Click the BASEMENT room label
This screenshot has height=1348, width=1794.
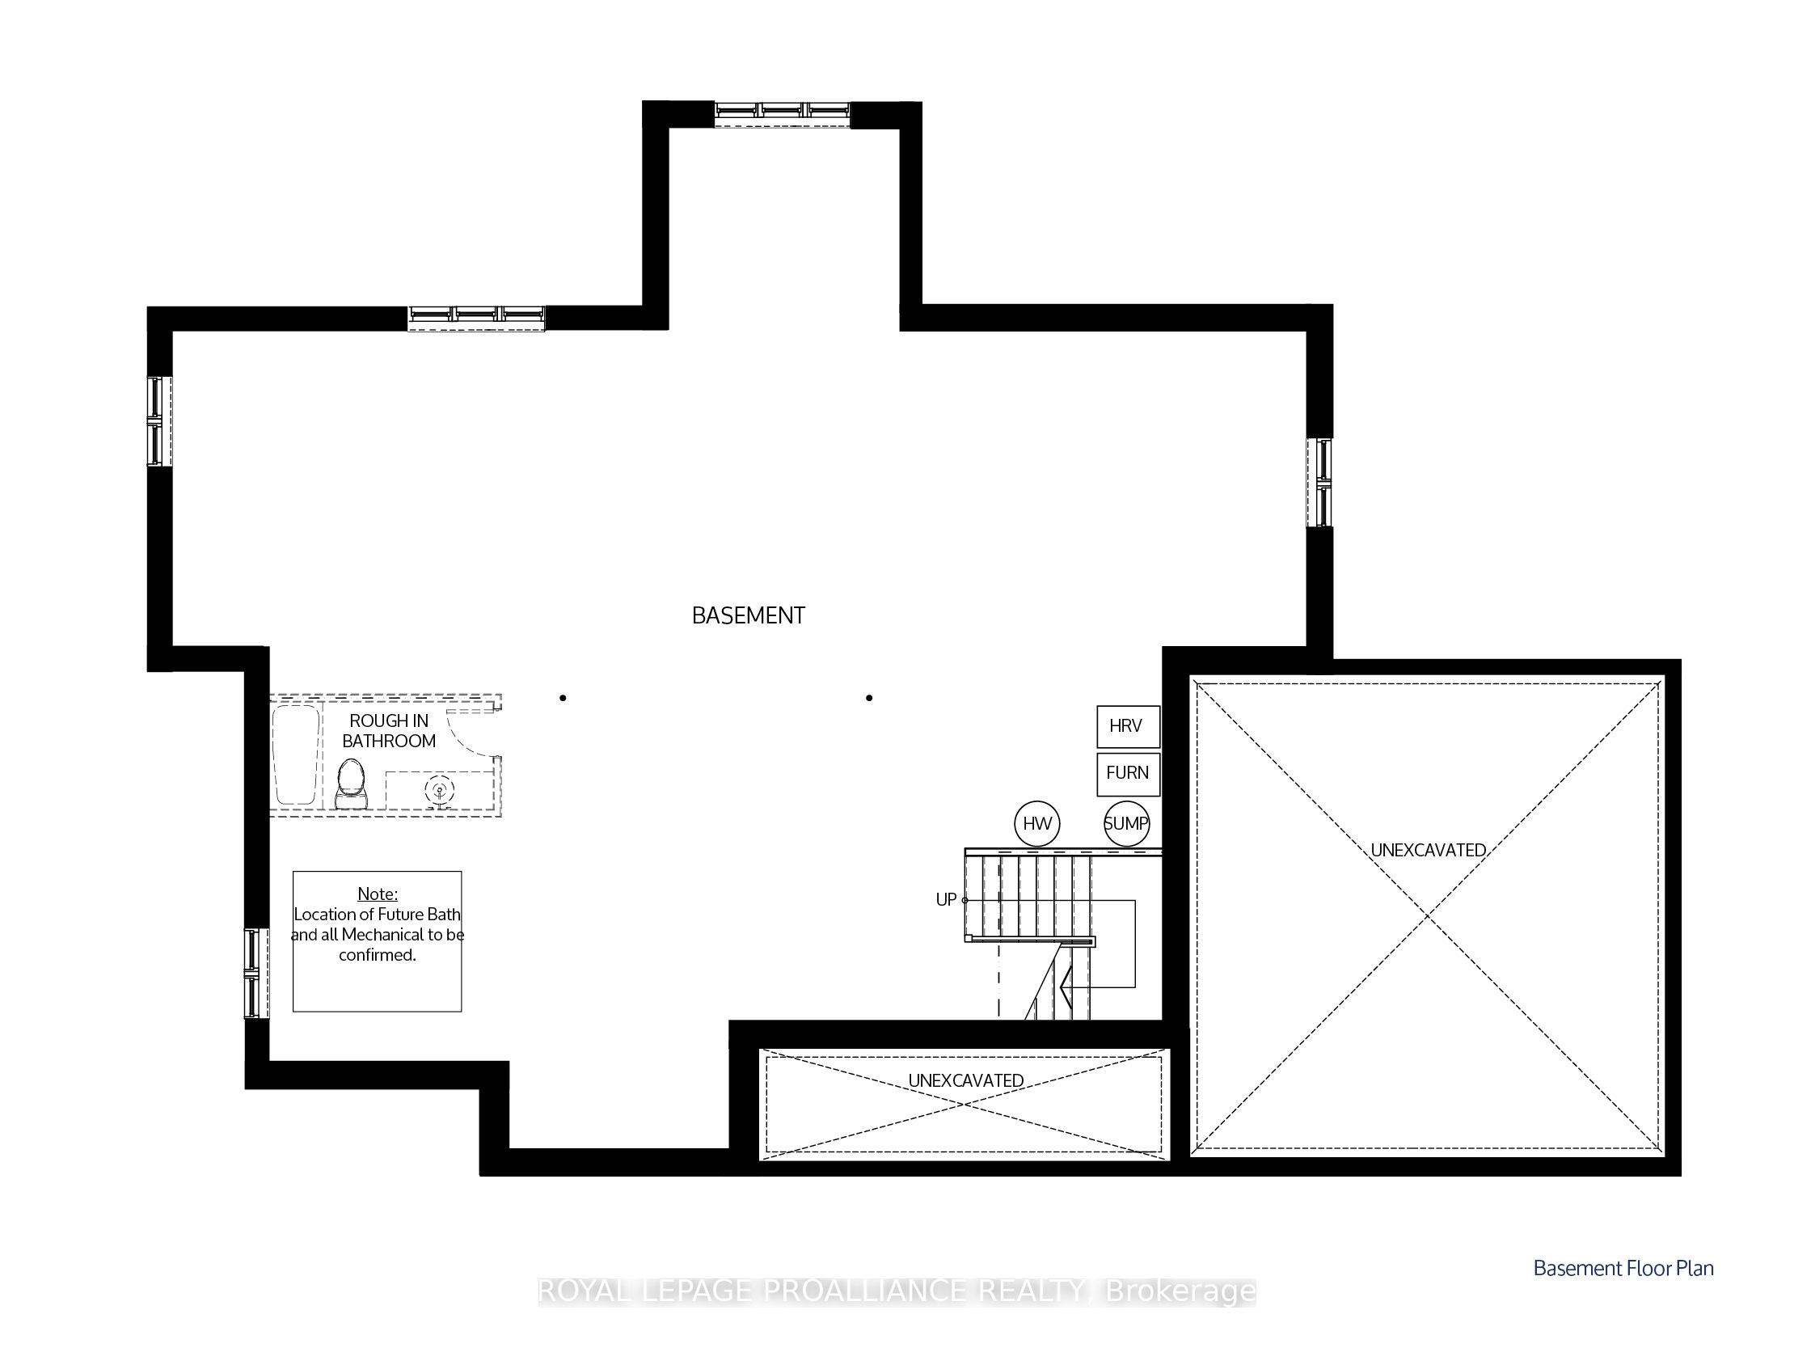tap(748, 615)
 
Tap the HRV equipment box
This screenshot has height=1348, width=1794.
tap(1127, 726)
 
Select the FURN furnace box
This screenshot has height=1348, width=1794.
tap(1127, 774)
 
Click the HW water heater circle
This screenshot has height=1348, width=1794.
tap(1037, 824)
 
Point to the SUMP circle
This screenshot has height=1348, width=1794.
tap(1126, 824)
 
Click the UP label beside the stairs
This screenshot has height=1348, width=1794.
tap(946, 899)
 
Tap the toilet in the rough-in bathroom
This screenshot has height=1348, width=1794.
tap(351, 784)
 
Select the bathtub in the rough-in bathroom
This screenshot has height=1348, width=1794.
tap(295, 755)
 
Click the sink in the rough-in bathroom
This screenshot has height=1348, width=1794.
tap(440, 791)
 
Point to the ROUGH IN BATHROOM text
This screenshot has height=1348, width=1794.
tap(390, 731)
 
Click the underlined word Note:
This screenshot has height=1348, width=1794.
tap(377, 894)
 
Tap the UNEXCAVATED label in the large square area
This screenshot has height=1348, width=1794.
tap(1429, 850)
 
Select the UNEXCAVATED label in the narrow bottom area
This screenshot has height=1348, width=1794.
tap(966, 1080)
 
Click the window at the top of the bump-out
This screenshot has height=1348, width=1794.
tap(783, 113)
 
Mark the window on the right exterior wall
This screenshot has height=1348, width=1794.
tap(1319, 483)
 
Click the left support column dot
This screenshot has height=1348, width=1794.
tap(563, 698)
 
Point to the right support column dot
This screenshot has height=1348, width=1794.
tap(869, 698)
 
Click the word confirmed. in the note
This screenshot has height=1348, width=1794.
tap(377, 955)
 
